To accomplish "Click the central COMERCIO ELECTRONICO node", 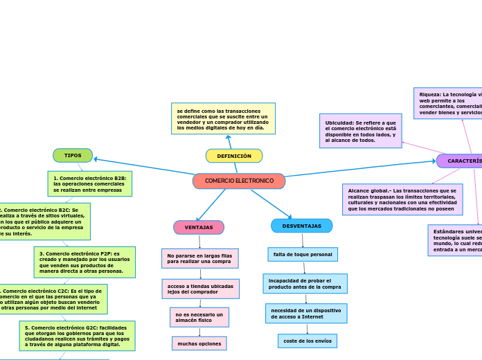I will (x=239, y=181).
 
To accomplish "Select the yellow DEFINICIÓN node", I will (x=234, y=156).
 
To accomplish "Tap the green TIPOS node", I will (x=73, y=155).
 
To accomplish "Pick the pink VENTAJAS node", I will (x=199, y=227).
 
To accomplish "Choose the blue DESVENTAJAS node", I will (x=302, y=226).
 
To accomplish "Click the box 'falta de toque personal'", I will (x=303, y=254).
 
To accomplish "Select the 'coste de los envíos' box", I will (x=307, y=341).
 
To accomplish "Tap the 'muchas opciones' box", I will (x=199, y=343).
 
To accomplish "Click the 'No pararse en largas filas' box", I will (x=200, y=258).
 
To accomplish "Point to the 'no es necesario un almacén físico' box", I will (x=199, y=317).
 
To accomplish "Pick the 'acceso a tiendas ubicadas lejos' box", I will (x=201, y=289).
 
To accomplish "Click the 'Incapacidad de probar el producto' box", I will (x=305, y=284).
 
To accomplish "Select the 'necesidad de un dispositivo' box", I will (x=306, y=313).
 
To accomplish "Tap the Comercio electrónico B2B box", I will (x=90, y=183).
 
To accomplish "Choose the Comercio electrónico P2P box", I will (x=84, y=262).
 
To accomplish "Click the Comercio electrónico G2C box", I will (x=77, y=336).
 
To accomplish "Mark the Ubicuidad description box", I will (x=361, y=132).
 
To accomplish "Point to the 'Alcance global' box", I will (x=402, y=199).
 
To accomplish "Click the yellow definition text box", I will (x=223, y=118).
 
